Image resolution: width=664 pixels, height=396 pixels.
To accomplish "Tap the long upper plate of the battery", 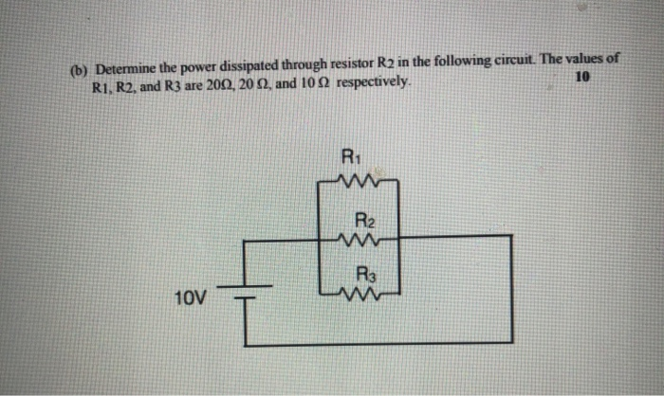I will tap(246, 284).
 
